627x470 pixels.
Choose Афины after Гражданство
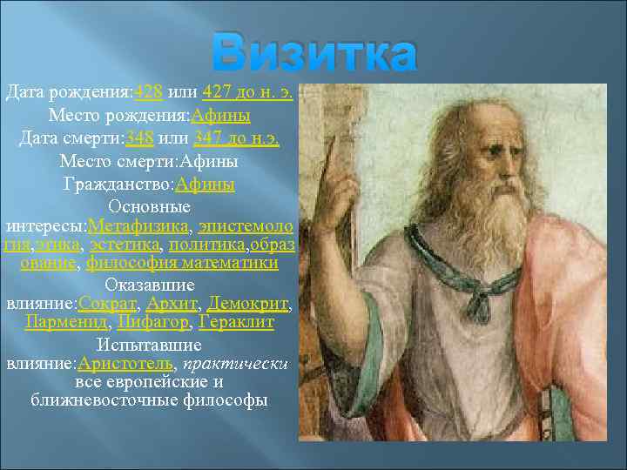pyautogui.click(x=205, y=184)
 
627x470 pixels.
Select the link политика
pyautogui.click(x=206, y=246)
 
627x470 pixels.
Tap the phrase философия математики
pyautogui.click(x=182, y=263)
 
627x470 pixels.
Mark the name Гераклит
pyautogui.click(x=236, y=322)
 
